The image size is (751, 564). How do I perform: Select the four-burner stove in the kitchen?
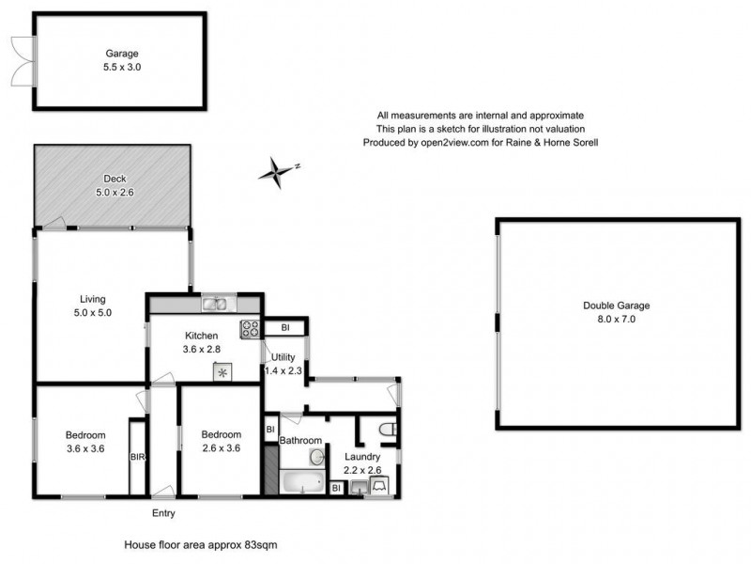pyautogui.click(x=252, y=329)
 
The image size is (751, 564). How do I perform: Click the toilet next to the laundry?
pyautogui.click(x=387, y=431)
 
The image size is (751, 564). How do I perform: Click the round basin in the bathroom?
pyautogui.click(x=317, y=457)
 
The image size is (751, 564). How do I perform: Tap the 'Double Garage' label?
pyautogui.click(x=616, y=305)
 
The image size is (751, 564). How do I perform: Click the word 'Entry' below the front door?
pyautogui.click(x=163, y=513)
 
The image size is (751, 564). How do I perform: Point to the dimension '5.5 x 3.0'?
pyautogui.click(x=120, y=68)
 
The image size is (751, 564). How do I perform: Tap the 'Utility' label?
pyautogui.click(x=284, y=357)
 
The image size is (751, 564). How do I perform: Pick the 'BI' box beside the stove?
pyautogui.click(x=284, y=328)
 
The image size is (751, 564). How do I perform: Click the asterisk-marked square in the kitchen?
pyautogui.click(x=223, y=372)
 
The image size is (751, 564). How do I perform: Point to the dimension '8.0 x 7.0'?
pyautogui.click(x=616, y=320)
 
